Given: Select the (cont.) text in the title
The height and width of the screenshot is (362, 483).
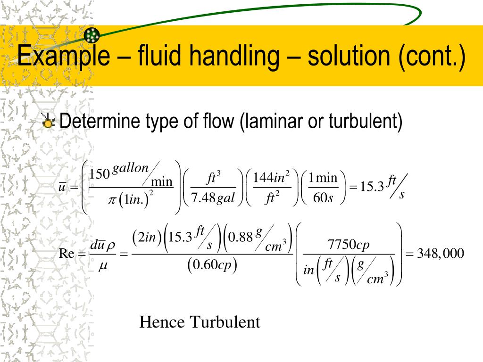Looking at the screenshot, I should click(431, 56).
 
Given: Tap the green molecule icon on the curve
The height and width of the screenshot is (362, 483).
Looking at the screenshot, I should click(92, 34).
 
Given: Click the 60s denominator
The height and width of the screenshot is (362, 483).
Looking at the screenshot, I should click(323, 198).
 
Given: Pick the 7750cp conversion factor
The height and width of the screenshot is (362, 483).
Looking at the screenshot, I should click(348, 245).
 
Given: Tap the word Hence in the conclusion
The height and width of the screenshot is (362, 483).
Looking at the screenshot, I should click(162, 322).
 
